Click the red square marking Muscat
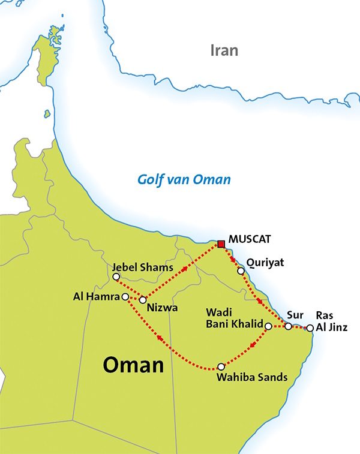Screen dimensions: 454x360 click(x=221, y=243)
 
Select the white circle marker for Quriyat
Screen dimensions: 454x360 click(x=241, y=271)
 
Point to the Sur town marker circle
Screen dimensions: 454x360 click(x=289, y=326)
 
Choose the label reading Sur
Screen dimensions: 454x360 click(x=295, y=314)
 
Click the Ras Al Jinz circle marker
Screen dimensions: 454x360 click(x=310, y=327)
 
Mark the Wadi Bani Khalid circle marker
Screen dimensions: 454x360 click(x=268, y=326)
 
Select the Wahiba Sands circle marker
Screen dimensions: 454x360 click(x=221, y=366)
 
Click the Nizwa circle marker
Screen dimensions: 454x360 click(x=143, y=299)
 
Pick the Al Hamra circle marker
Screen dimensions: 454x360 click(x=125, y=296)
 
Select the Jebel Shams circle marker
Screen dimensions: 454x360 click(x=116, y=276)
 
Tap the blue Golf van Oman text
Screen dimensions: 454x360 click(x=184, y=179)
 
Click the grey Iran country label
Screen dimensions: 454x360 click(x=224, y=50)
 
